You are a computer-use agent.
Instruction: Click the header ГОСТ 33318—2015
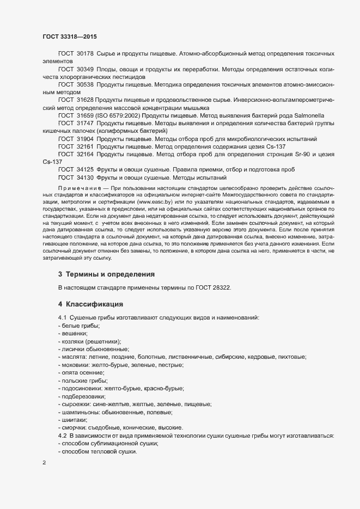tap(70, 36)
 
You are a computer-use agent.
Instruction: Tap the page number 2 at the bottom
tap(44, 463)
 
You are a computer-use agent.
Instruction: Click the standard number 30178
tap(86, 54)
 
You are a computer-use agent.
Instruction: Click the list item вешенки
tap(73, 333)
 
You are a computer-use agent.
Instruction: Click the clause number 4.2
tap(62, 436)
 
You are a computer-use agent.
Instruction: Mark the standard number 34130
tap(86, 177)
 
